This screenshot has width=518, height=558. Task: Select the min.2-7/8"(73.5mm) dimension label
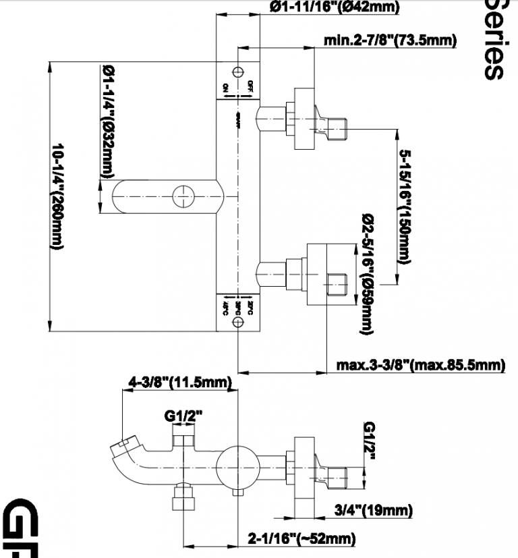pos(390,40)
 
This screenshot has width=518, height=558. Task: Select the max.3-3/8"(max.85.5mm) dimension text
pos(420,366)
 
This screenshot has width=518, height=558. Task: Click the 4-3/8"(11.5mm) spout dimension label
pos(180,383)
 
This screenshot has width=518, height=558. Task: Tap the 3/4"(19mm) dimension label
pos(373,510)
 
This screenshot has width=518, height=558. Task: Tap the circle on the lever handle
pos(183,196)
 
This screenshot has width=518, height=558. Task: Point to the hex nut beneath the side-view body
pos(181,503)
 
